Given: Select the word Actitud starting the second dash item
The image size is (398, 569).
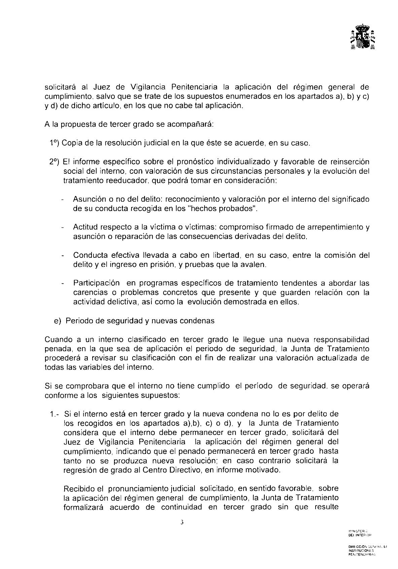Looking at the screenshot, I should (84, 227).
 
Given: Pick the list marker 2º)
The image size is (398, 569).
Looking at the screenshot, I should (54, 162).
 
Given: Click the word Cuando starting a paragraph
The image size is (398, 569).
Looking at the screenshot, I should (56, 339).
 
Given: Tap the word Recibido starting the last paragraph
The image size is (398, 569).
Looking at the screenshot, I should (77, 488).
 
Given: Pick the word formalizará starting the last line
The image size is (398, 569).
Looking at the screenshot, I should (84, 507).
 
